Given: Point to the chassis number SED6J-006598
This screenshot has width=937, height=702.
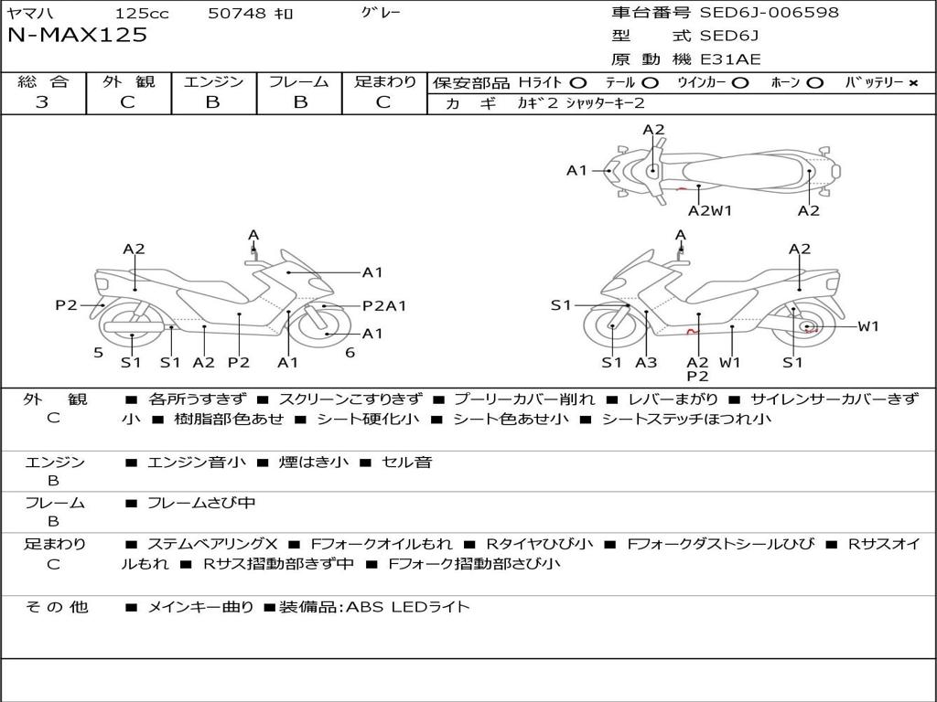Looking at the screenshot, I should click(x=769, y=13).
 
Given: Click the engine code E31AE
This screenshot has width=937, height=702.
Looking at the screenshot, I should click(x=731, y=59).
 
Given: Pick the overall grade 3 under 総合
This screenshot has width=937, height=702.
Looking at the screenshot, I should click(x=42, y=102).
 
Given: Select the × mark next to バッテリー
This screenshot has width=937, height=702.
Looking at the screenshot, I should click(x=912, y=83).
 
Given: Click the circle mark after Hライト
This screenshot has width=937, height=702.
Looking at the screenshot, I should click(x=578, y=83).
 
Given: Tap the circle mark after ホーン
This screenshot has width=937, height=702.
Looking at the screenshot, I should click(x=815, y=83).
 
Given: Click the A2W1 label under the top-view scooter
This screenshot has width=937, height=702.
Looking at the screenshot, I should click(x=710, y=211).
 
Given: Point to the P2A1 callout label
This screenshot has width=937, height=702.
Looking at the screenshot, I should click(x=384, y=306).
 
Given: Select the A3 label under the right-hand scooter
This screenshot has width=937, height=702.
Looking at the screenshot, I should click(x=646, y=363).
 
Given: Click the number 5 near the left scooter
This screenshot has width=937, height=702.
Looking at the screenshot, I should click(x=98, y=353).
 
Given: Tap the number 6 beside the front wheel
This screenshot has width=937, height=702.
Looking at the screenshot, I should click(x=350, y=353).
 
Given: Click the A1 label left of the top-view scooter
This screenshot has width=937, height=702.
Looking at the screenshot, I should click(x=576, y=170).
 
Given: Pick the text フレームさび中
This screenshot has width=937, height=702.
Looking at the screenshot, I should click(x=201, y=503).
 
